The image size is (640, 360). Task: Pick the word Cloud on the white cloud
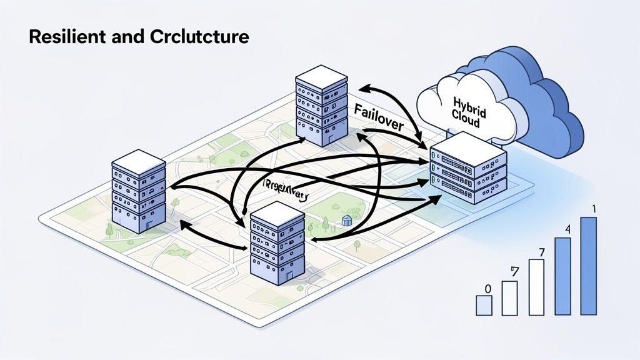click(x=465, y=120)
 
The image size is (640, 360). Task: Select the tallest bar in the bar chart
click(x=588, y=266)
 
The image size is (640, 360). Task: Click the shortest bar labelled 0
click(x=484, y=305)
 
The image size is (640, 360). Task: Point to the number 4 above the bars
click(x=567, y=229)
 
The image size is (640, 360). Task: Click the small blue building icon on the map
click(x=347, y=220)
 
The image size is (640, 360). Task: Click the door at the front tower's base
click(x=287, y=276)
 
